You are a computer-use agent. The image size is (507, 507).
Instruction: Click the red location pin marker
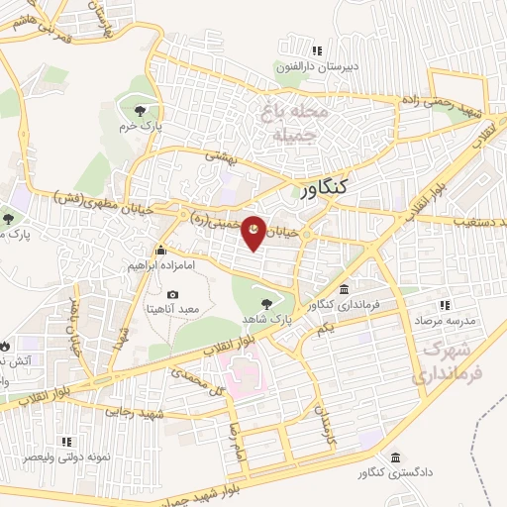pyautogui.click(x=253, y=233)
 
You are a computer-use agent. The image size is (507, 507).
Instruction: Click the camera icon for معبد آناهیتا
pyautogui.click(x=173, y=294)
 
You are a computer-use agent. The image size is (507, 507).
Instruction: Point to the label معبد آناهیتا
pyautogui.click(x=173, y=309)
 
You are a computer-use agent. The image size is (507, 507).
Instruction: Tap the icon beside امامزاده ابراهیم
pyautogui.click(x=160, y=252)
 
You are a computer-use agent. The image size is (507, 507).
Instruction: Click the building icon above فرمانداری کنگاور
pyautogui.click(x=343, y=290)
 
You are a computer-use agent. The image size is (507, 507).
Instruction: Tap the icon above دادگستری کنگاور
pyautogui.click(x=395, y=458)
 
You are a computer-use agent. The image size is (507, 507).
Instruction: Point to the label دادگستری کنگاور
pyautogui.click(x=395, y=473)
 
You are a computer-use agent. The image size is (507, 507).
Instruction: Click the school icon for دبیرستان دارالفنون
pyautogui.click(x=317, y=51)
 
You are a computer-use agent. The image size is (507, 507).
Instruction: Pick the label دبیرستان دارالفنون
pyautogui.click(x=317, y=65)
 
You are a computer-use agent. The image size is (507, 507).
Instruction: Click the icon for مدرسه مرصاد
pyautogui.click(x=444, y=305)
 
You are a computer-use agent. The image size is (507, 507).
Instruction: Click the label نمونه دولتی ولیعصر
pyautogui.click(x=67, y=458)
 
